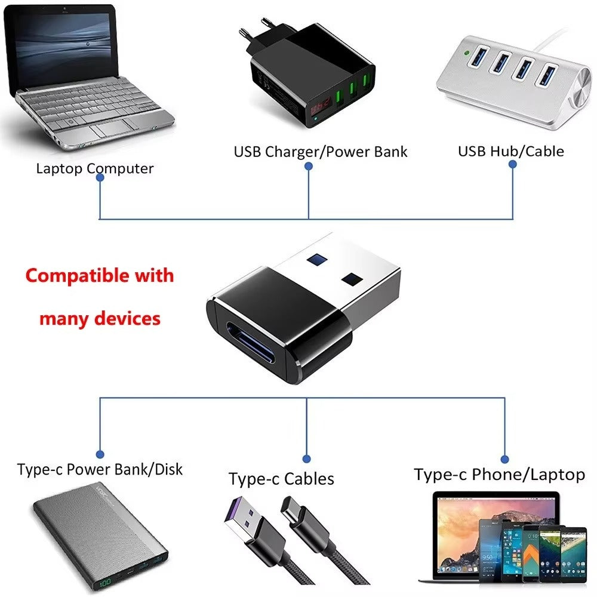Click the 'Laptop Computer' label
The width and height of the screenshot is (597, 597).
tap(94, 168)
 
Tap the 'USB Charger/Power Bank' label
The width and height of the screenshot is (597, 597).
tap(320, 152)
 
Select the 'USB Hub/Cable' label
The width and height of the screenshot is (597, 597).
tap(510, 151)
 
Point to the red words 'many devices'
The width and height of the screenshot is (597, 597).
tap(100, 318)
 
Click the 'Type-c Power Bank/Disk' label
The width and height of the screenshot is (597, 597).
tap(100, 469)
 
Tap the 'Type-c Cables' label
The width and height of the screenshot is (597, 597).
tap(281, 479)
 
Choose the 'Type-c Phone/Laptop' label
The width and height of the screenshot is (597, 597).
tap(499, 475)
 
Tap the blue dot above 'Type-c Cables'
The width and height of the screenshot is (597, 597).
tap(306, 459)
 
